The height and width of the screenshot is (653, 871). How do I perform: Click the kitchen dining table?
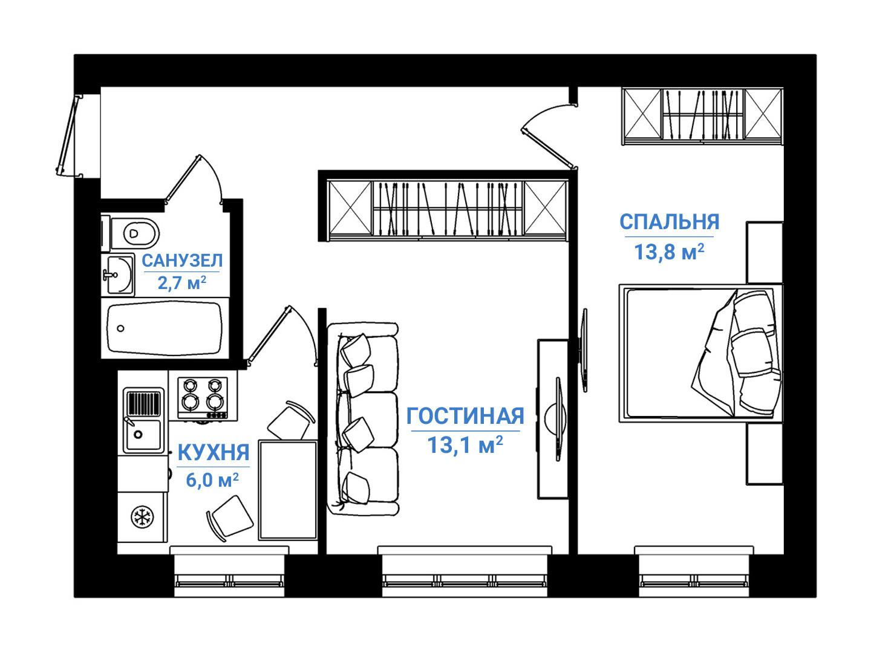[288, 490]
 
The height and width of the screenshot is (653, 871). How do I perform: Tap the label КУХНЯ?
[213, 452]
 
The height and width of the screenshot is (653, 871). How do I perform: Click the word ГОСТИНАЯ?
[465, 417]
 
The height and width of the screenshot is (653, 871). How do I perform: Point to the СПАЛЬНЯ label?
[669, 222]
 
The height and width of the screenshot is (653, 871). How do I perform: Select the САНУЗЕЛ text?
[182, 261]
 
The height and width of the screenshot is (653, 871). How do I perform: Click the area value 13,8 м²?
[669, 252]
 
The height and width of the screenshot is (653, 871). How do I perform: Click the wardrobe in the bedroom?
[702, 115]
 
